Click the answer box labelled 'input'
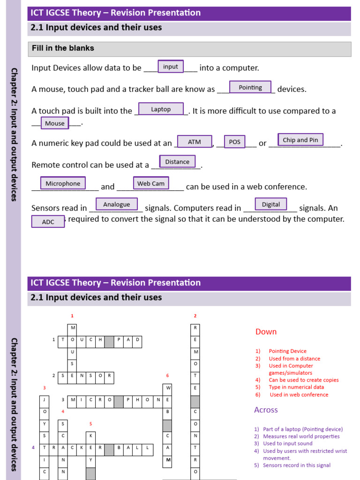click(x=171, y=67)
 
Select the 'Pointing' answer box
click(x=250, y=88)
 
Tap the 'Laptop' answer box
click(x=161, y=109)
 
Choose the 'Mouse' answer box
click(x=55, y=123)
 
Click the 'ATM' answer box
click(x=194, y=142)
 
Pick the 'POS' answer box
click(x=234, y=142)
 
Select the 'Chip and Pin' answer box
click(x=300, y=140)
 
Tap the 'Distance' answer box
click(x=177, y=162)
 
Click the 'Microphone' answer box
click(x=63, y=183)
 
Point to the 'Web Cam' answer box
click(x=151, y=183)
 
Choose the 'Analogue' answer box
click(x=117, y=204)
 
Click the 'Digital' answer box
click(x=271, y=204)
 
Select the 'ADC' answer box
click(x=48, y=222)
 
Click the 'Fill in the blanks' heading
click(x=63, y=48)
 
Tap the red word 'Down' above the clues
click(x=266, y=332)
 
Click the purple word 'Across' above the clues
click(x=266, y=410)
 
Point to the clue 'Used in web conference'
click(x=299, y=395)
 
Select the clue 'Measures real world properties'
click(x=301, y=436)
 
